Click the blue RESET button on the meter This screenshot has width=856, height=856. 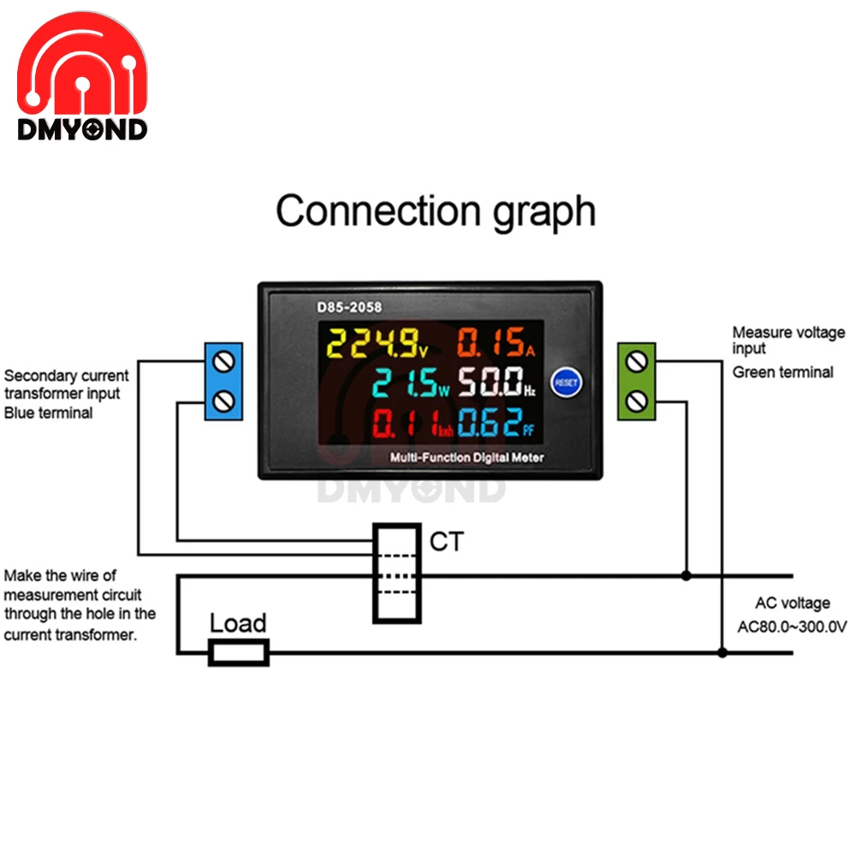click(566, 382)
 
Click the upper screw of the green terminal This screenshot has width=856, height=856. click(636, 361)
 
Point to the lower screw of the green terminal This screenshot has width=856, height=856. click(636, 399)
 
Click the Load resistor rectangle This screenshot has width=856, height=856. click(240, 652)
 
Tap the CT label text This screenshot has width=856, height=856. click(445, 541)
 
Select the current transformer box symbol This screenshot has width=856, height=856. click(396, 573)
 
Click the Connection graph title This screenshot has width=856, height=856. click(435, 210)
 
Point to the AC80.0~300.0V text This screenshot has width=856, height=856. click(792, 626)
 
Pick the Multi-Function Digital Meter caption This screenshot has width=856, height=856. click(467, 457)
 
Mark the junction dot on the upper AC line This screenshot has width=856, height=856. click(686, 576)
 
